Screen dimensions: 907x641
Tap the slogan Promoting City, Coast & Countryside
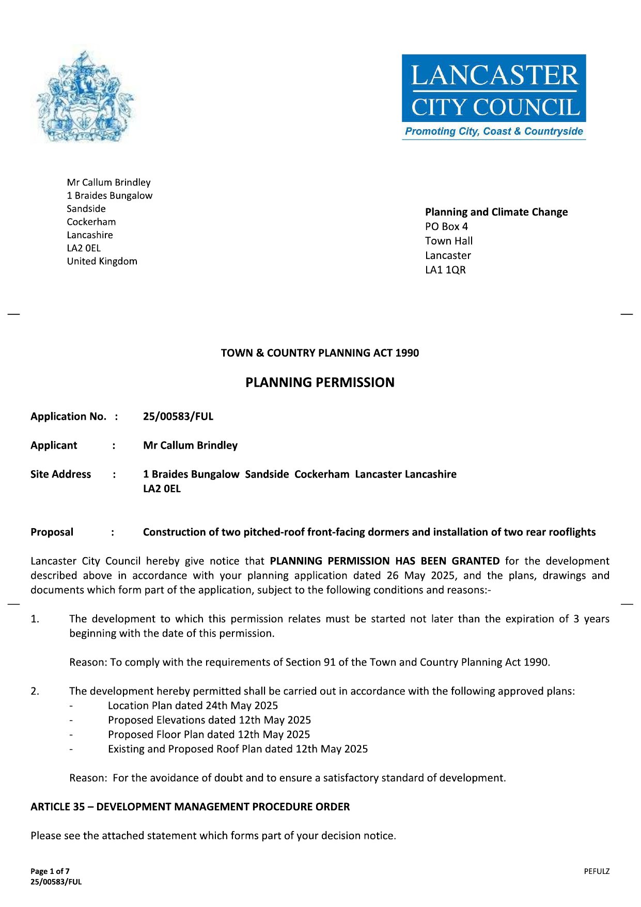(x=493, y=131)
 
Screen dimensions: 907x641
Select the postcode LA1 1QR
(x=445, y=270)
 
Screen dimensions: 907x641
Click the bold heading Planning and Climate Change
(x=496, y=212)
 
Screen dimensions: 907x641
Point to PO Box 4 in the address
(x=446, y=226)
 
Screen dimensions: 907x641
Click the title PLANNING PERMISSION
(x=320, y=382)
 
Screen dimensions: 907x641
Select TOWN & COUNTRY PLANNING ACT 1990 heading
(x=320, y=353)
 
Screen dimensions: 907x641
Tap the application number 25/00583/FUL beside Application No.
(x=178, y=417)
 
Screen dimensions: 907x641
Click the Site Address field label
(x=60, y=474)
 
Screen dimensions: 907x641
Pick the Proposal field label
(x=52, y=532)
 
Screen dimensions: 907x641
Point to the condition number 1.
(x=35, y=619)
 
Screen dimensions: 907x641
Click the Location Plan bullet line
(x=193, y=706)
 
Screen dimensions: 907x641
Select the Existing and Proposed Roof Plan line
(x=238, y=749)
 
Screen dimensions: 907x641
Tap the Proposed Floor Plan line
(x=209, y=735)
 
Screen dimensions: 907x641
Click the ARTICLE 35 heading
(x=190, y=807)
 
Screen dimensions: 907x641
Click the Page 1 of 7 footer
(x=50, y=871)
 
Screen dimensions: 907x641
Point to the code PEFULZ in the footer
(x=597, y=871)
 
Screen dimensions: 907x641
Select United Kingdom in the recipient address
(x=102, y=262)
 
